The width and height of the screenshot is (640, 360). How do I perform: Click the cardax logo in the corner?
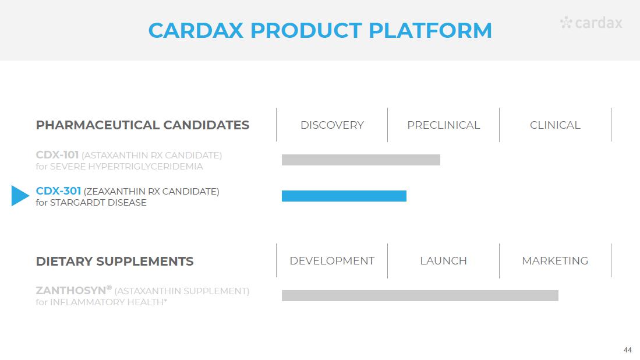click(x=591, y=23)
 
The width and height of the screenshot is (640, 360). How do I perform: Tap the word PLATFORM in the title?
click(x=430, y=30)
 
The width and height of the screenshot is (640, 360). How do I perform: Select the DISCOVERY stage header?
click(x=332, y=125)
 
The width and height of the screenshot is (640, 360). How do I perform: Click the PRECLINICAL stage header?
click(x=443, y=125)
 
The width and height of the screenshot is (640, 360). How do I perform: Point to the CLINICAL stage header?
click(x=555, y=125)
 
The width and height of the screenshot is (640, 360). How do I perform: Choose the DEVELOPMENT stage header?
click(x=332, y=261)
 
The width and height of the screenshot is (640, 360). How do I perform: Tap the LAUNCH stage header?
click(x=443, y=261)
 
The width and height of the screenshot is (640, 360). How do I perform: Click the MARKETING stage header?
click(x=555, y=261)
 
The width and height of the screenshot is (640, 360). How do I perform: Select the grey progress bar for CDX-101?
click(x=361, y=160)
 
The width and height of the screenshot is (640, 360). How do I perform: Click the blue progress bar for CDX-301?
click(x=344, y=196)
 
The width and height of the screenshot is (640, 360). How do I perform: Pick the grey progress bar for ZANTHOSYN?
click(x=420, y=295)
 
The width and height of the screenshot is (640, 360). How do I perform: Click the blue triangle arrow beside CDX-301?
click(x=20, y=196)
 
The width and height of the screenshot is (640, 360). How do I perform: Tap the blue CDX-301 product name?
click(x=58, y=190)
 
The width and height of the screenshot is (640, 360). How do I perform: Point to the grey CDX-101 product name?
click(x=57, y=155)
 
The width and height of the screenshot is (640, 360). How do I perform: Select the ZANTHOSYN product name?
click(x=71, y=290)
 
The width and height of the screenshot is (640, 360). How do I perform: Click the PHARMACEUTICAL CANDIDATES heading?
click(x=143, y=125)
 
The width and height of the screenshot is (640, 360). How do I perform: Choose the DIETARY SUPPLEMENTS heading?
click(x=115, y=261)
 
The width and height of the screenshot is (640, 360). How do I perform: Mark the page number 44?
click(x=627, y=350)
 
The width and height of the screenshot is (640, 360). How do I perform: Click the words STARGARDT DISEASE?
click(x=98, y=203)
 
